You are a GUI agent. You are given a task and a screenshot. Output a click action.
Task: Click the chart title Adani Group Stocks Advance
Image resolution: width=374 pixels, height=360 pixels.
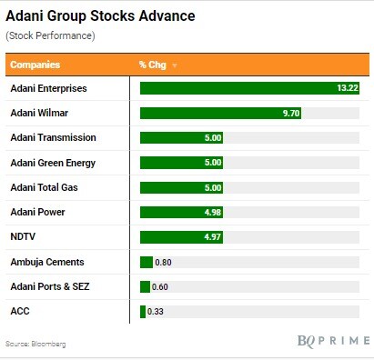point(100,16)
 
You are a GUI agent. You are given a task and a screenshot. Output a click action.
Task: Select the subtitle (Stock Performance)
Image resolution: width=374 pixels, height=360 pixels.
point(50,35)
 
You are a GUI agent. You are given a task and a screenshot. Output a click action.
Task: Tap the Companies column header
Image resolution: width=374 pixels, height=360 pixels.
point(35,65)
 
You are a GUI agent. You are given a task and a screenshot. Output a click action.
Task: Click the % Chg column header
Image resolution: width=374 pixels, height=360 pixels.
point(153,65)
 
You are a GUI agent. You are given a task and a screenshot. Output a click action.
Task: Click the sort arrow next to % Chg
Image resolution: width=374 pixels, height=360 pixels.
point(175,65)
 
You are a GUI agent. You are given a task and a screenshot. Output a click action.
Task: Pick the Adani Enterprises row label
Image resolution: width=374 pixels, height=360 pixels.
point(49,88)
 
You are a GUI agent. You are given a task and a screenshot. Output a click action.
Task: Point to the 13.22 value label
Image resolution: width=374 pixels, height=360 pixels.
point(348,88)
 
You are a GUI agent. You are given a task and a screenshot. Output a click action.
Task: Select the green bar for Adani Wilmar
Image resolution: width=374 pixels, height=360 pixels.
point(220,113)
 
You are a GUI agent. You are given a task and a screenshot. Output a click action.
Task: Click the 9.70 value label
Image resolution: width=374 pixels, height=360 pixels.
point(291,113)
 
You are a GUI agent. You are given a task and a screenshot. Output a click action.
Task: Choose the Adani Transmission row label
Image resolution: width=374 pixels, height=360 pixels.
point(54,137)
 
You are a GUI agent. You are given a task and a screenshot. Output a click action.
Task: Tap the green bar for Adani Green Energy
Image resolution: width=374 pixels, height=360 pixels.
point(181,163)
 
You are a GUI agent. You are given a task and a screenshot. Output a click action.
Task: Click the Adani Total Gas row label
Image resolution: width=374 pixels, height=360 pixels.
point(45,187)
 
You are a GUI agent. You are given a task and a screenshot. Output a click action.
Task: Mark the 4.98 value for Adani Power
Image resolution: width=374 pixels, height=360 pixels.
point(213,212)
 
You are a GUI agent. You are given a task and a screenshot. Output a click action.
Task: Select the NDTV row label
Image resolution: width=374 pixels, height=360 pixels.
point(23,236)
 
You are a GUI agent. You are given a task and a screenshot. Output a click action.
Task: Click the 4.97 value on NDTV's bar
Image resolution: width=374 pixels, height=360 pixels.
point(213,236)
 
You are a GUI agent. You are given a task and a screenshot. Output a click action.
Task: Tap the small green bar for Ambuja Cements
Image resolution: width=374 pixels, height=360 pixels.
point(147,262)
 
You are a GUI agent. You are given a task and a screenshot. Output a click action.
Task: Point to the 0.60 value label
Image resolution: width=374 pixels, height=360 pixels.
point(160,287)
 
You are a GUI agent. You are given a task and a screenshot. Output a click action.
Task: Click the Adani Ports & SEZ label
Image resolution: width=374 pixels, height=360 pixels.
point(50,286)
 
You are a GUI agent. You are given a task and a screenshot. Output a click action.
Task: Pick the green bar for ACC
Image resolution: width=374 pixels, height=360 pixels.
point(143,312)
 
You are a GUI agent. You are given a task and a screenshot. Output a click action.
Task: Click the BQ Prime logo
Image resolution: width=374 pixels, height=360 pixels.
point(333,341)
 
